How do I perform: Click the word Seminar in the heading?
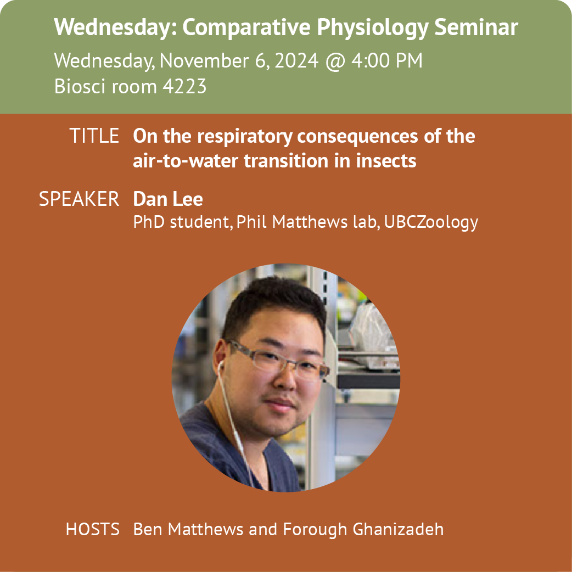476,27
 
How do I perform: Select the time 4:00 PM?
386,60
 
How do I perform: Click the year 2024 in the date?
296,60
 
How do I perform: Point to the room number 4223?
184,86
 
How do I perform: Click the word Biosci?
79,86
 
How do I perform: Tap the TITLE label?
94,136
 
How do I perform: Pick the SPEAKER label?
79,199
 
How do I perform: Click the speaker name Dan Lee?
168,199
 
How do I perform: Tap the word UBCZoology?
431,222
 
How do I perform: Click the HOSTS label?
93,529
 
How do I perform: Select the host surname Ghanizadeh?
398,529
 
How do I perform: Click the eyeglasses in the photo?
278,361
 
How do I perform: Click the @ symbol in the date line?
335,61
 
